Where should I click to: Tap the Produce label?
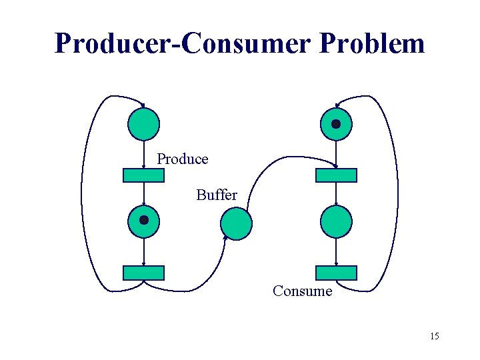[x=183, y=159]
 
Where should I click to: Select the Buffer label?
[x=217, y=195]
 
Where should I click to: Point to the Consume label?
[x=302, y=291]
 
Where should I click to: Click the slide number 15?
[x=434, y=336]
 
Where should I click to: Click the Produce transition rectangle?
[x=143, y=175]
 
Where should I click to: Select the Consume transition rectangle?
[x=336, y=273]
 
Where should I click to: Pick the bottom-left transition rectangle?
[x=143, y=273]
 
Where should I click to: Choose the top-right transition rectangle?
[x=336, y=175]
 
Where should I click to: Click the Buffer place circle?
[x=237, y=223]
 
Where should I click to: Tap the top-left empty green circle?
[x=143, y=124]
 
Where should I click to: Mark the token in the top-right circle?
[x=336, y=124]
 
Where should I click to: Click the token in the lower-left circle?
[x=143, y=219]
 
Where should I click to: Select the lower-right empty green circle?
[x=336, y=222]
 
